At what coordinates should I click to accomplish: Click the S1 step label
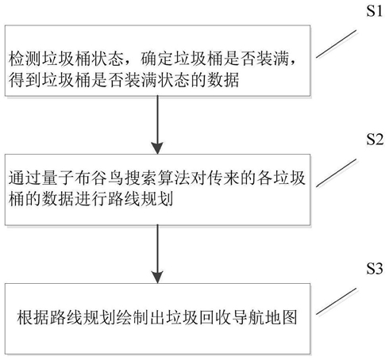374,11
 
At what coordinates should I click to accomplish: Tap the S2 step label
375,139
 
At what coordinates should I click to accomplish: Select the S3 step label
375,269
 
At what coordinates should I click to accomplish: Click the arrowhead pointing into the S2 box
157,148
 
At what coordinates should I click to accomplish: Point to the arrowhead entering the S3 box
157,277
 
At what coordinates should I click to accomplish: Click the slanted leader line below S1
337,44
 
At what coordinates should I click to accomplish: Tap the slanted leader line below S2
337,173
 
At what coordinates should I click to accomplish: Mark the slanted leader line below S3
337,301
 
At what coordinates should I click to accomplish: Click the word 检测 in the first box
25,59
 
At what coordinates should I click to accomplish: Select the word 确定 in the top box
156,59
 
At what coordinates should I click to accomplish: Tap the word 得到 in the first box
25,80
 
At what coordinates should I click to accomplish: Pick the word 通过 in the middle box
25,178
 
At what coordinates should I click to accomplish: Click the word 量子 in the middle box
58,178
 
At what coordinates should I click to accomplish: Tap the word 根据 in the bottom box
33,317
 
